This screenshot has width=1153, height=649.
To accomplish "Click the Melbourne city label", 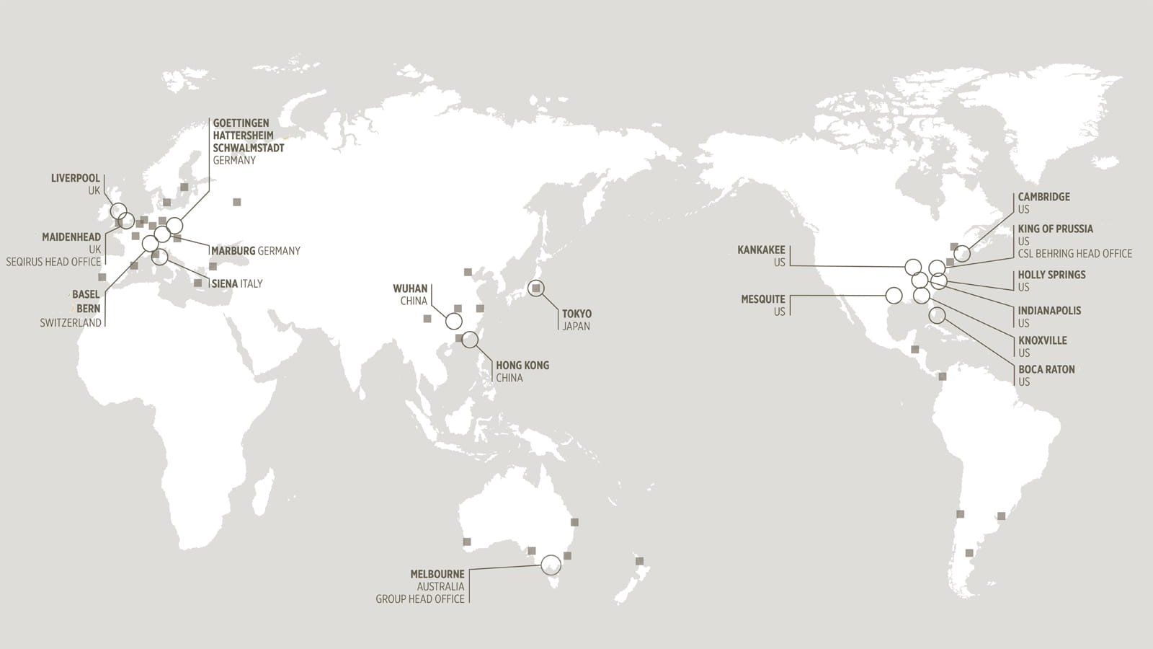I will [437, 574].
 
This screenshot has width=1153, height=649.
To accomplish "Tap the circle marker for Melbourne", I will [551, 565].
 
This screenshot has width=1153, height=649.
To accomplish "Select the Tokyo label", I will [576, 314].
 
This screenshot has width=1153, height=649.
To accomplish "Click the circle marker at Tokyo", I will [535, 288].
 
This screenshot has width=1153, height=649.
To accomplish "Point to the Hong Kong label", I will [522, 366].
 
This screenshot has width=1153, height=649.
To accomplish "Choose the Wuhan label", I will [410, 288].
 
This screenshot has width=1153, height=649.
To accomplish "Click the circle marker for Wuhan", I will [454, 321].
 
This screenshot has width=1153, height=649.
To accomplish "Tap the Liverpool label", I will [76, 178].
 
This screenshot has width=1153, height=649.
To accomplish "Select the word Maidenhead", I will [71, 237].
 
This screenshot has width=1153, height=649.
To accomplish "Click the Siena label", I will [225, 284].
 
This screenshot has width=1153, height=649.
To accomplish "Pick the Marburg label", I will [233, 251].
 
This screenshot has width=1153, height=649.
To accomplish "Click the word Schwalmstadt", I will [249, 148].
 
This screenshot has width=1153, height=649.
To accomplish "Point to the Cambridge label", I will [1043, 197].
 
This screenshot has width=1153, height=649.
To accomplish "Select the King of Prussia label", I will [1055, 229].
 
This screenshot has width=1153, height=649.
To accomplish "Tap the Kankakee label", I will [761, 250].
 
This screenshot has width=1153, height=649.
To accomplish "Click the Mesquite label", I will [763, 299].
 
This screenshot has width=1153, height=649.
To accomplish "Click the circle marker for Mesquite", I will [894, 295].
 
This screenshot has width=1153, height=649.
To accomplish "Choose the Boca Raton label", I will [1046, 369].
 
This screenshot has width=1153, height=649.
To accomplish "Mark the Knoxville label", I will [1042, 340].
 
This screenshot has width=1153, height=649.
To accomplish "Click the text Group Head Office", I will [420, 599].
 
